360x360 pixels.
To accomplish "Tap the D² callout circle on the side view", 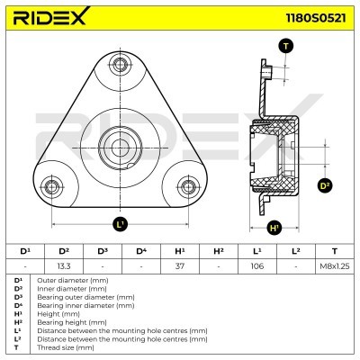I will (x=326, y=186).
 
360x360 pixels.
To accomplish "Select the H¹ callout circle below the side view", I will (x=274, y=227).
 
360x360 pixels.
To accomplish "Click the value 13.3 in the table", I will (x=64, y=265).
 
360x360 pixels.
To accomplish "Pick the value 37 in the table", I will (x=180, y=265).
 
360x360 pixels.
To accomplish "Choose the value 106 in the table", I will (x=257, y=265).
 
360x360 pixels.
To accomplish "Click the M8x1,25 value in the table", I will (x=334, y=265).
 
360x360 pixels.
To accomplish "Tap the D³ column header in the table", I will (x=103, y=250).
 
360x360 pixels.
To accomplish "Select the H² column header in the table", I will (x=219, y=250).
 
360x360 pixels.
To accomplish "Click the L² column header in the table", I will (x=296, y=250).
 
